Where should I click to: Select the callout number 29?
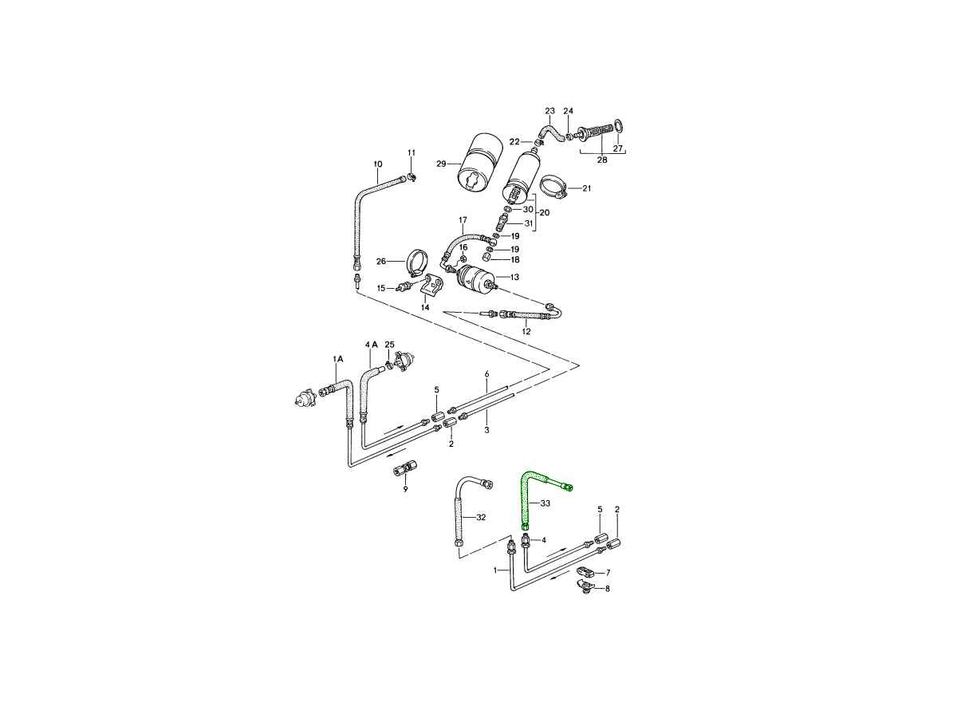click(441, 164)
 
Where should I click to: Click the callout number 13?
click(514, 277)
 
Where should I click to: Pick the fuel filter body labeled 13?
click(474, 278)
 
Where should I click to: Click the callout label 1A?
click(338, 359)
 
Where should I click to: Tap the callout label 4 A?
click(372, 345)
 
